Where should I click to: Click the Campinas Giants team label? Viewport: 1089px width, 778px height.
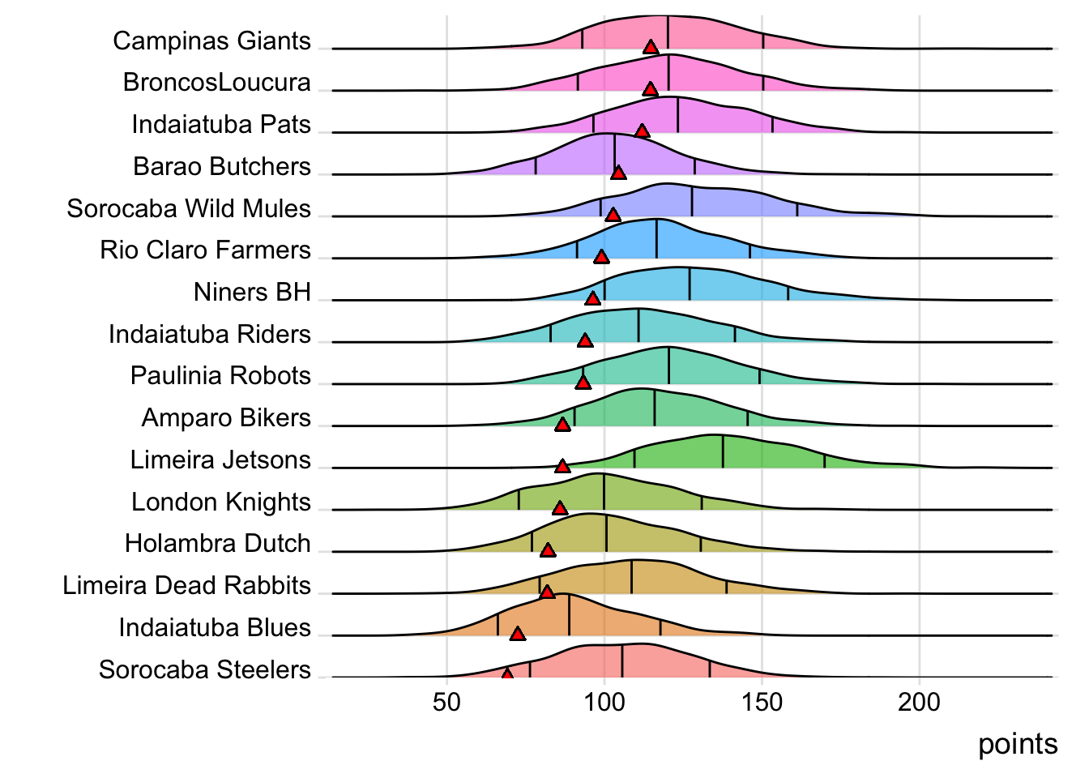[x=211, y=41]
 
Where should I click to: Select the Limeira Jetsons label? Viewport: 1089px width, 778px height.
[x=220, y=460]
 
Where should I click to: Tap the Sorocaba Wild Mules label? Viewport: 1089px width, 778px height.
[x=189, y=208]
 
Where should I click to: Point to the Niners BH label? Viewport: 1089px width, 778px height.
[x=252, y=292]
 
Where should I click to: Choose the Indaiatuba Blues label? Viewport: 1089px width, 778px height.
[x=215, y=627]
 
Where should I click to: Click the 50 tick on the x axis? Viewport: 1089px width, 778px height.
[x=446, y=702]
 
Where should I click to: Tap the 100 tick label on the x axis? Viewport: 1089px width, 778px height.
[x=604, y=702]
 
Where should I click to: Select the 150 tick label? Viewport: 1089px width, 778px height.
[x=762, y=702]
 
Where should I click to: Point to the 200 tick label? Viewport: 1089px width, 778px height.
[x=919, y=702]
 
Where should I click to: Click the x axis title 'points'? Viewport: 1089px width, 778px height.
[x=1018, y=744]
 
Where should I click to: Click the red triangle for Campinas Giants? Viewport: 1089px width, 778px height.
[x=651, y=47]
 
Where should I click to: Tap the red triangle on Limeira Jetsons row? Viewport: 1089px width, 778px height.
[x=562, y=466]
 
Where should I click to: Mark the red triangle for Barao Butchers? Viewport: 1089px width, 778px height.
[x=618, y=173]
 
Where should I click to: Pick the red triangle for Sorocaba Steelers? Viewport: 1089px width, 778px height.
[x=507, y=674]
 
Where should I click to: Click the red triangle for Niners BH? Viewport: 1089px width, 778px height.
[x=593, y=298]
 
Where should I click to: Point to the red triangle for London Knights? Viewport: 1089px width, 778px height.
[x=560, y=508]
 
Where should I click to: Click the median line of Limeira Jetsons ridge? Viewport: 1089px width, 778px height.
[x=723, y=451]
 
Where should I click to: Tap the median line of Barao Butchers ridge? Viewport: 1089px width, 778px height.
[x=615, y=154]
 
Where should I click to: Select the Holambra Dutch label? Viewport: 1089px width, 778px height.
[x=218, y=543]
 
